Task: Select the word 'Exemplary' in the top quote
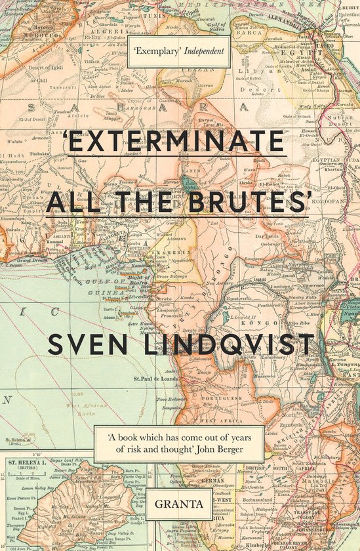[x=157, y=50]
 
